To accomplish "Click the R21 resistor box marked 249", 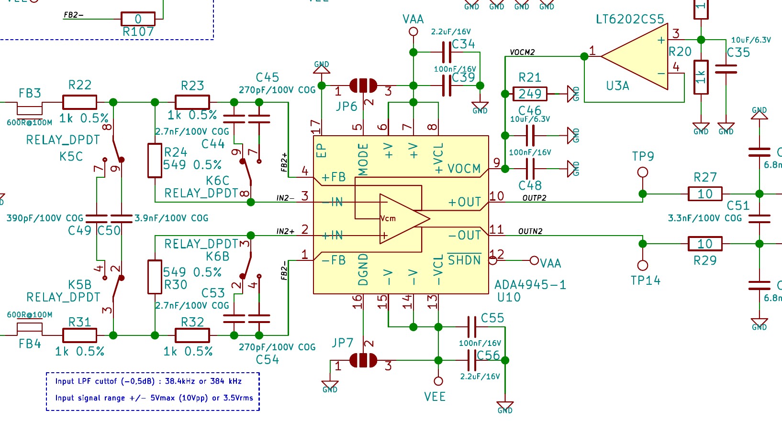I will coord(529,94).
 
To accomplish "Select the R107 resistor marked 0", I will coord(138,19).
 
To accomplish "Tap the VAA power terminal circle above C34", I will coord(413,32).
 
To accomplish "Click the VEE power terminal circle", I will coord(438,381).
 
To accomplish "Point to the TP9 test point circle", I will coord(643,172).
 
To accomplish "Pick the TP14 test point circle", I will coord(643,265).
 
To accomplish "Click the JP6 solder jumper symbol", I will coord(363,86).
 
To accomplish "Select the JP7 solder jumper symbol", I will coord(363,360).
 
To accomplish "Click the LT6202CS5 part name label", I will coord(630,20).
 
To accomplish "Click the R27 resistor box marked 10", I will coord(704,194).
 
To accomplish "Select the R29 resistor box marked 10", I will coord(704,244).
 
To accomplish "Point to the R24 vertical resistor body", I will coord(155,161).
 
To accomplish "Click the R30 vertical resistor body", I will coord(155,277).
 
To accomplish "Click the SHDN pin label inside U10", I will coord(464,260).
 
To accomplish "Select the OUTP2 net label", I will coord(534,198).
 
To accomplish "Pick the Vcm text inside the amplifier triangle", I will coord(388,218).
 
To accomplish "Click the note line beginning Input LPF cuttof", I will coord(148,381).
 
